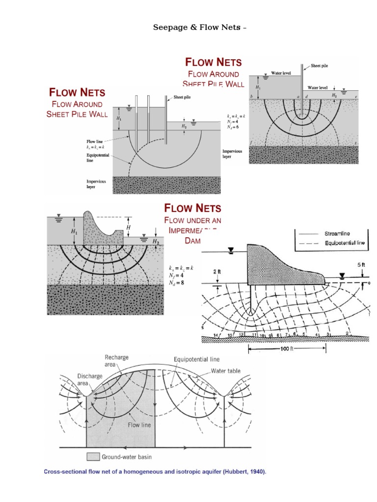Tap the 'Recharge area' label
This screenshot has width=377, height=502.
pyautogui.click(x=116, y=361)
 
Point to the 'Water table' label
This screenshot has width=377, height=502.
pyautogui.click(x=225, y=371)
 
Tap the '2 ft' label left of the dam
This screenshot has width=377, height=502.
pyautogui.click(x=218, y=271)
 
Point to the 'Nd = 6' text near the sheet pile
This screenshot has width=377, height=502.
pyautogui.click(x=232, y=126)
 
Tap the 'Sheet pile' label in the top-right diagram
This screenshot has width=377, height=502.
pyautogui.click(x=320, y=65)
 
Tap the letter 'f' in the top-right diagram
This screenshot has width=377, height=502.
pyautogui.click(x=252, y=142)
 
